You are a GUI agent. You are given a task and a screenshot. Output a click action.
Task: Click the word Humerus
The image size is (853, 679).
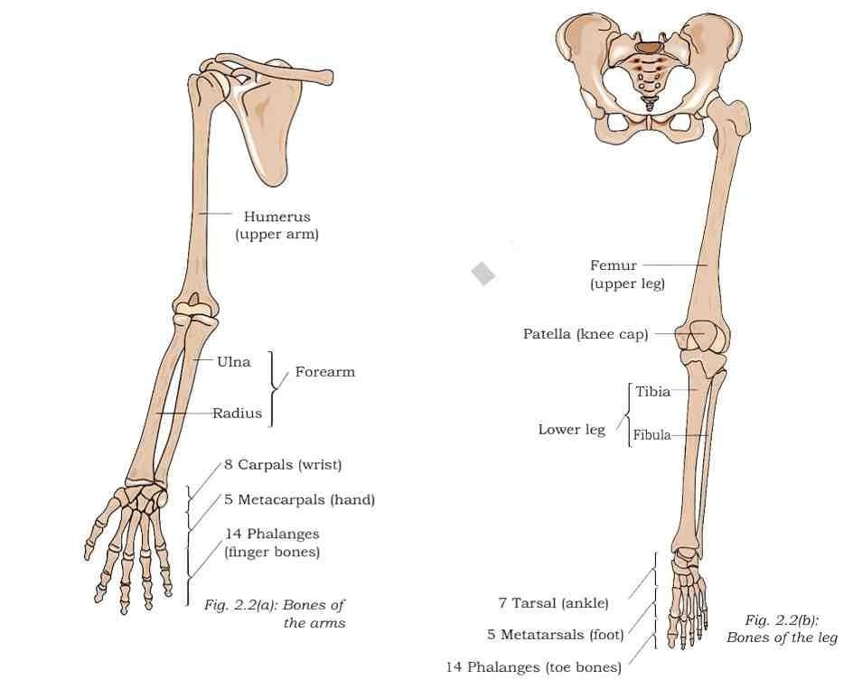(277, 217)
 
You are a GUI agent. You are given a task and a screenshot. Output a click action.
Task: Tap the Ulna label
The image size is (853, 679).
(234, 362)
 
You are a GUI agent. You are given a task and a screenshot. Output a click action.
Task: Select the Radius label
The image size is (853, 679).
(237, 414)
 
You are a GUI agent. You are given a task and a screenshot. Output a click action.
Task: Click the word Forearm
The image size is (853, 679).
(324, 372)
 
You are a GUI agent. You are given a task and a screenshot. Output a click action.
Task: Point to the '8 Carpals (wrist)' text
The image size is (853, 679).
(283, 465)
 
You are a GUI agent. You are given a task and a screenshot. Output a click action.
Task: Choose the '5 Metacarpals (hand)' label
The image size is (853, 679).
(300, 499)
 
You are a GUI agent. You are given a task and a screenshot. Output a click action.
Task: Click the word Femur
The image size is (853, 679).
(613, 265)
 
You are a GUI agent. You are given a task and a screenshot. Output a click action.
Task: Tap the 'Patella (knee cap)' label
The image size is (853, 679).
(586, 334)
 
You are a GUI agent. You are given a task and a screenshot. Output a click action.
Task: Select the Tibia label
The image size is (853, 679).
(652, 391)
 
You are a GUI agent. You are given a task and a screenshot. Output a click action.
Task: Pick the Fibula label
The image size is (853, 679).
(651, 435)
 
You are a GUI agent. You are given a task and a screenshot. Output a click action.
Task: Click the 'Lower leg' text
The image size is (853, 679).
(572, 430)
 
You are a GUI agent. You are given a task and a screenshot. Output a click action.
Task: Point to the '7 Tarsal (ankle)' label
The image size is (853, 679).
(554, 603)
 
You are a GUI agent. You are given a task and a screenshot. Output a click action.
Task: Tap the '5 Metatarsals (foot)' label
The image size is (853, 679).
(556, 635)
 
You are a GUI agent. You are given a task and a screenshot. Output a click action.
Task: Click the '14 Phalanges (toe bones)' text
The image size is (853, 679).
(534, 667)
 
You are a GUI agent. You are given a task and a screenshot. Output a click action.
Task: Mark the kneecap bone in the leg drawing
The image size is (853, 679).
(702, 337)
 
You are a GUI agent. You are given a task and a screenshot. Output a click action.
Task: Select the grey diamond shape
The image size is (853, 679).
(483, 274)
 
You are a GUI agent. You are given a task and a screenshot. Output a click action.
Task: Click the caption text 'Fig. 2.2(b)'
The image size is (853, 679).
(782, 620)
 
